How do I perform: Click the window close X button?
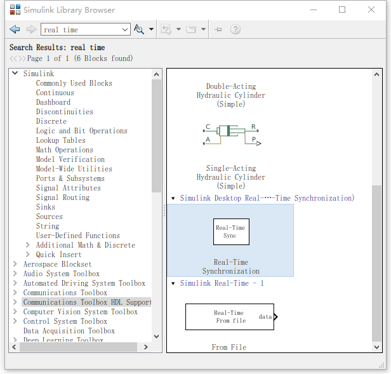pyautogui.click(x=371, y=10)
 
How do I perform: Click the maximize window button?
pyautogui.click(x=342, y=10)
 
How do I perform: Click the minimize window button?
pyautogui.click(x=313, y=10)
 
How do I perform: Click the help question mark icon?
pyautogui.click(x=235, y=29)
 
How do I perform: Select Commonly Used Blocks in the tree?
pyautogui.click(x=74, y=83)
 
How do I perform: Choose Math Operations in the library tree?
pyautogui.click(x=64, y=150)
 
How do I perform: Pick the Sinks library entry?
pyautogui.click(x=45, y=207)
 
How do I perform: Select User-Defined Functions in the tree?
pyautogui.click(x=77, y=236)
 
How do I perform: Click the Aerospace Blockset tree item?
pyautogui.click(x=57, y=264)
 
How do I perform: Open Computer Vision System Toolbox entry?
pyautogui.click(x=80, y=312)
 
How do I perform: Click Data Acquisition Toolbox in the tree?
pyautogui.click(x=69, y=331)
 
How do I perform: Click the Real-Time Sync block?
pyautogui.click(x=230, y=232)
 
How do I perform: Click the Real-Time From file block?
pyautogui.click(x=230, y=316)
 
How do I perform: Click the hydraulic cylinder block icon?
pyautogui.click(x=230, y=132)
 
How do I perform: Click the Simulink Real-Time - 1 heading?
pyautogui.click(x=222, y=283)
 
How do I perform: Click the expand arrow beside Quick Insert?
pyautogui.click(x=27, y=255)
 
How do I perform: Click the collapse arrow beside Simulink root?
pyautogui.click(x=15, y=74)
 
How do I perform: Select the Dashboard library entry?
pyautogui.click(x=53, y=102)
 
